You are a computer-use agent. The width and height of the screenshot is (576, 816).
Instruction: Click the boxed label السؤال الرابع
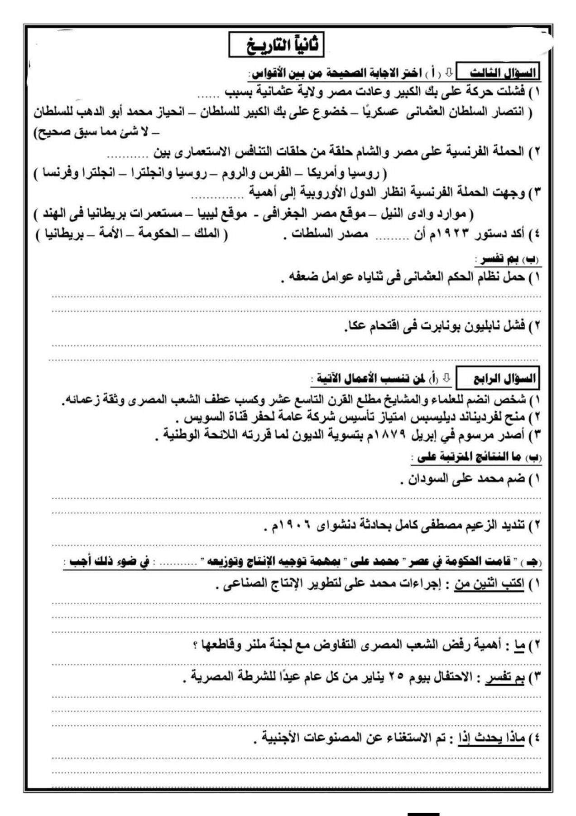tap(497, 379)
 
